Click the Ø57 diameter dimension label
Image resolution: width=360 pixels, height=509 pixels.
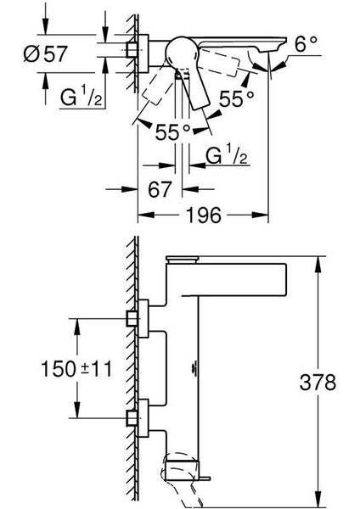coord(46,54)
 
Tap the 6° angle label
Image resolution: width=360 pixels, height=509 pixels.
coord(306,44)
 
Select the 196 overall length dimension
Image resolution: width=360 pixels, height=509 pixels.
coord(203,215)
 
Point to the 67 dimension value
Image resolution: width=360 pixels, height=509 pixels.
coord(160,189)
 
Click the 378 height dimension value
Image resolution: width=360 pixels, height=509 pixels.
coord(318,382)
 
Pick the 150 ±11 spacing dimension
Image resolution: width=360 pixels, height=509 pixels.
coord(76,369)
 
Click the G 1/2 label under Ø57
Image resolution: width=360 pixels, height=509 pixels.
coord(82,98)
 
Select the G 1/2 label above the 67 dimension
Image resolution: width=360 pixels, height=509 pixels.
coord(227,155)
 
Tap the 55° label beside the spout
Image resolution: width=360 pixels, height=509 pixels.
coord(236,98)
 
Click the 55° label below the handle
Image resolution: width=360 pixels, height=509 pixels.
coord(173,132)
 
